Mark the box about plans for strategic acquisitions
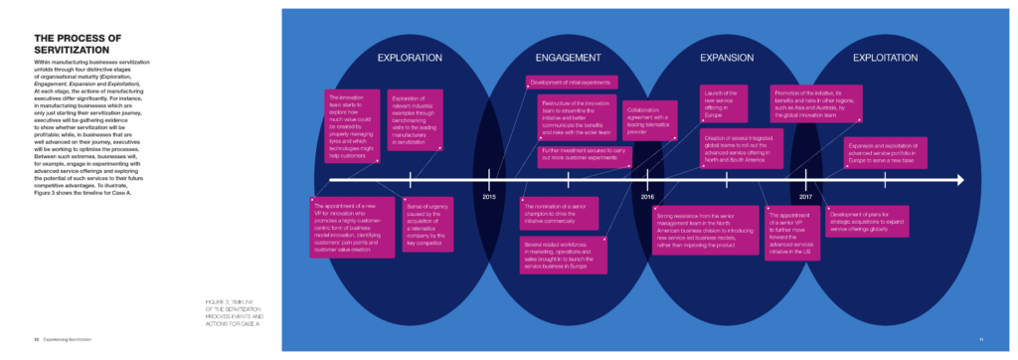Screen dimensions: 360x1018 click(x=867, y=221)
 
